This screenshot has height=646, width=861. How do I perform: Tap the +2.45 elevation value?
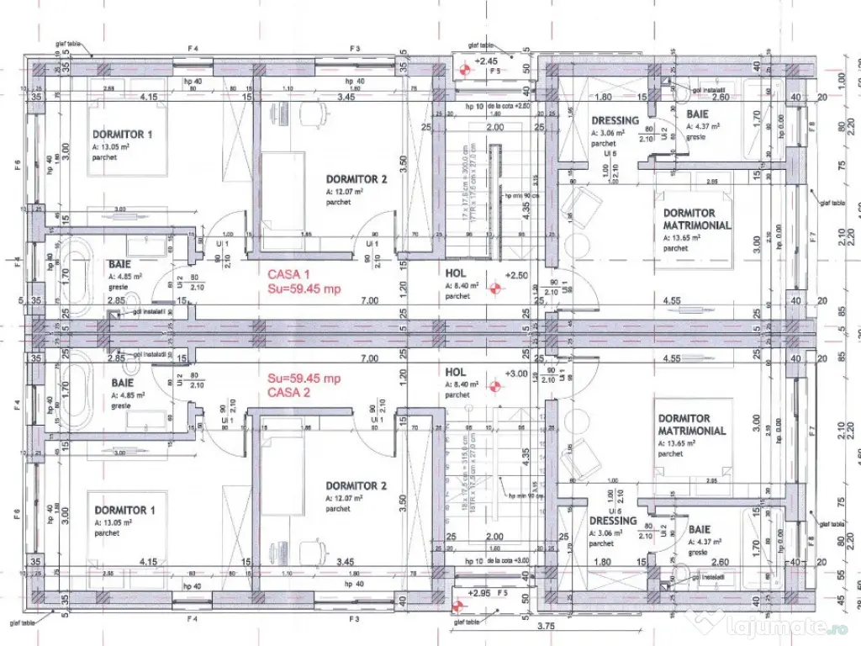click(487, 61)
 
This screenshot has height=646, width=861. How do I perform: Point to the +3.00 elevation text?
click(515, 373)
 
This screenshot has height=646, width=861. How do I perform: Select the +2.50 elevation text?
click(515, 275)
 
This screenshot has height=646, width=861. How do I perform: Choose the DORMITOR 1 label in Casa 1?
click(122, 135)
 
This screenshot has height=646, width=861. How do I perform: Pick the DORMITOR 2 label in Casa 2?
click(357, 485)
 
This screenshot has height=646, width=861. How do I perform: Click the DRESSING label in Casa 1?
click(615, 121)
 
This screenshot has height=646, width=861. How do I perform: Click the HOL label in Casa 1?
click(455, 273)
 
